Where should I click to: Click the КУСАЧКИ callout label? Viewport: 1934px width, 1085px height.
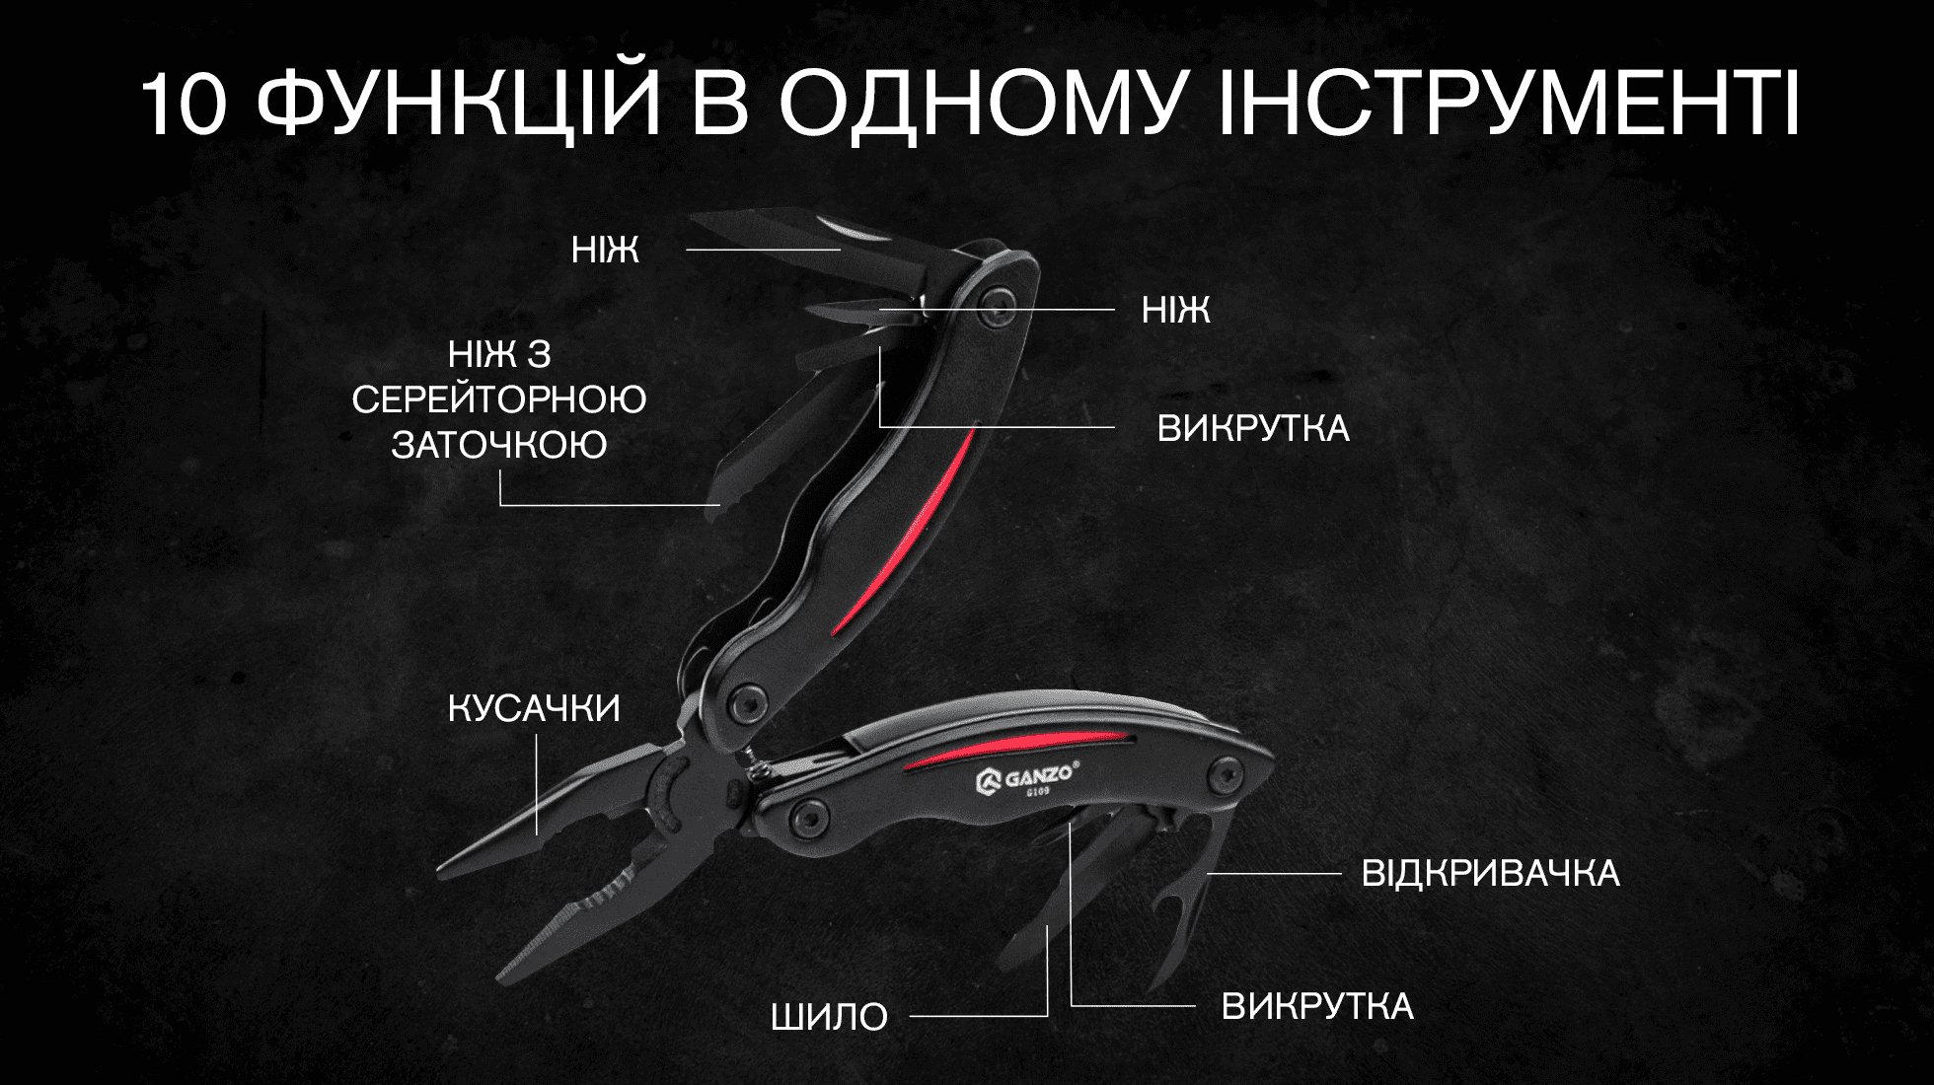(534, 708)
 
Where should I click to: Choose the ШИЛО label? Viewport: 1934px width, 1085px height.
(830, 1016)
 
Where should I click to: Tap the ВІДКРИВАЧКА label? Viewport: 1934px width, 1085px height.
(1490, 873)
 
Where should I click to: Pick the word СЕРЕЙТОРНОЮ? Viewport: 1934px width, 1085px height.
(499, 399)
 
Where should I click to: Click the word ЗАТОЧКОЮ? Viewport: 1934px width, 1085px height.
(499, 445)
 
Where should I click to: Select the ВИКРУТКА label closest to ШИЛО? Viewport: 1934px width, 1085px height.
(1317, 1006)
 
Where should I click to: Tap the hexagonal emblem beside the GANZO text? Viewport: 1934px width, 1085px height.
(989, 783)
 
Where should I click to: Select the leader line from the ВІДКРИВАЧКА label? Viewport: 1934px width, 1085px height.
(1274, 874)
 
